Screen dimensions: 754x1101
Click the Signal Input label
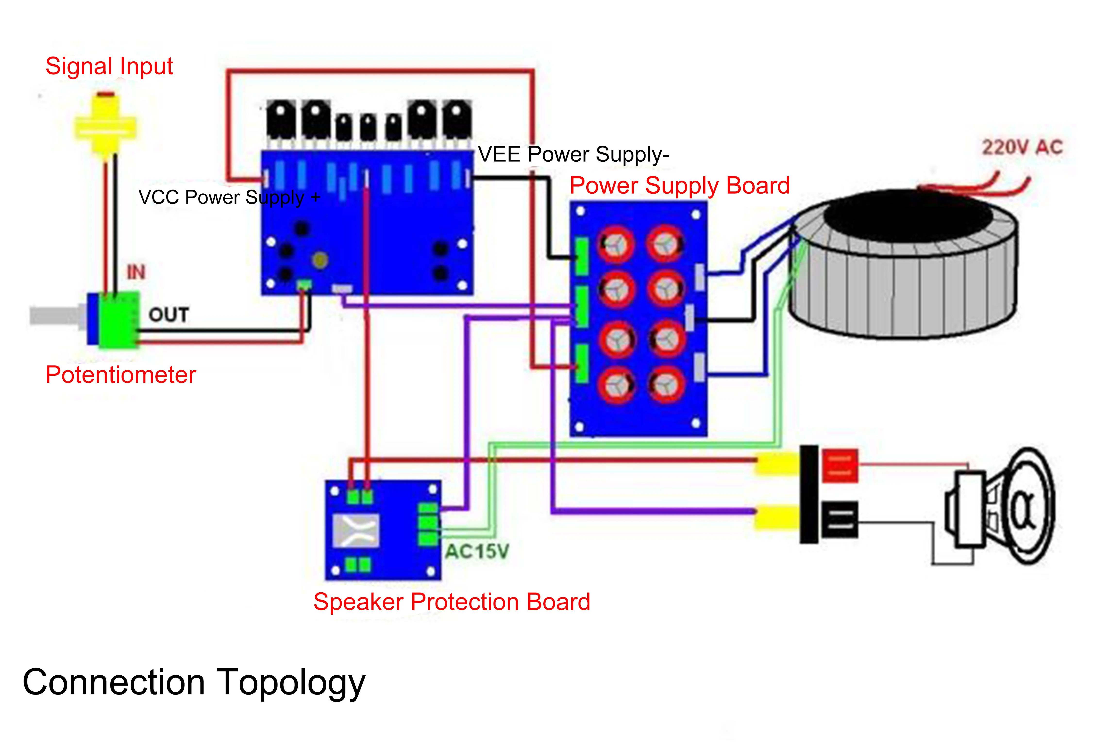tap(109, 66)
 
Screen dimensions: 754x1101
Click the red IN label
tap(136, 272)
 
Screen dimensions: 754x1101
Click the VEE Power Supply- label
tap(573, 154)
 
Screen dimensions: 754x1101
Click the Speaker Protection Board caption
tap(452, 602)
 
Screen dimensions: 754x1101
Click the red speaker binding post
tap(840, 465)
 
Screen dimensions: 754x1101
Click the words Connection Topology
tap(194, 682)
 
